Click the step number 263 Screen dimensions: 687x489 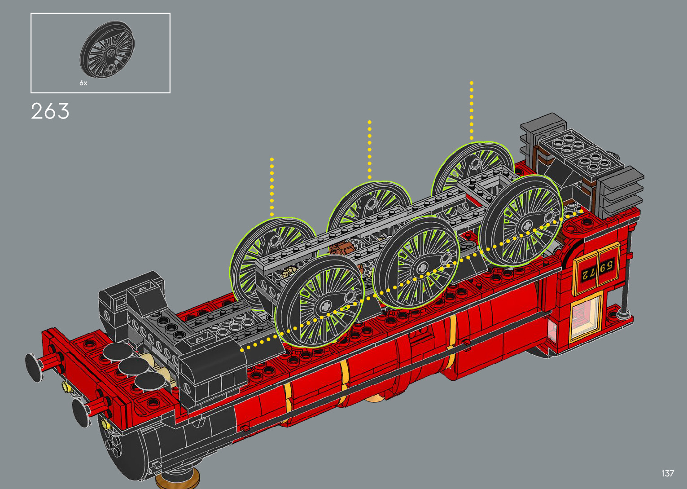(50, 111)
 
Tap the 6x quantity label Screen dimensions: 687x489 (83, 83)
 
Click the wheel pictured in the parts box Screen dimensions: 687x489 (107, 49)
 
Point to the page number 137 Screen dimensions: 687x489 (668, 473)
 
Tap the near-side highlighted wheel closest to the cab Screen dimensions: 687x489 (521, 221)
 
